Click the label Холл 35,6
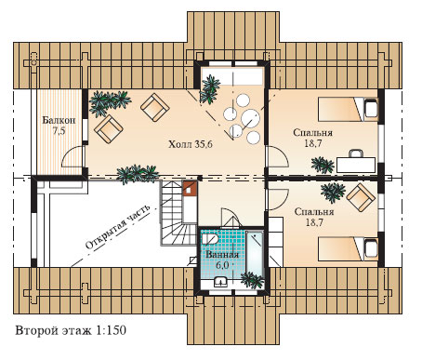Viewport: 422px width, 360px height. [x=191, y=144]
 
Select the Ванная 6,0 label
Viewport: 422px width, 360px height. [x=222, y=260]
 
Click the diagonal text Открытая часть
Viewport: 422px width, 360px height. [x=117, y=227]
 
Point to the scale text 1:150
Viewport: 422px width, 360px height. [x=111, y=330]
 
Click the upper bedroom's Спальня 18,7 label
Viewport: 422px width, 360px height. [x=312, y=138]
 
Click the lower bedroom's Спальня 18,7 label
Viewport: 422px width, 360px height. [x=314, y=217]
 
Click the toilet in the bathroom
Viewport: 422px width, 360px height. [x=209, y=239]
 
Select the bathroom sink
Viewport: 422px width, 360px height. [x=220, y=282]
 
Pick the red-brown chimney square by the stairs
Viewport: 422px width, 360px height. [x=189, y=189]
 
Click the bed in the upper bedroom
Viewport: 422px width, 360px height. [x=348, y=109]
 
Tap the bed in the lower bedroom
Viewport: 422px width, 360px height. [x=348, y=249]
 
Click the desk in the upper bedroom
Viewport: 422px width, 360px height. [x=356, y=165]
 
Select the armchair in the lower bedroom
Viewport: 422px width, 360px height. [x=361, y=197]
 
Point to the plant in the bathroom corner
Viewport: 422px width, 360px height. [x=252, y=280]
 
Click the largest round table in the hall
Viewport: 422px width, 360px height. [x=250, y=118]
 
